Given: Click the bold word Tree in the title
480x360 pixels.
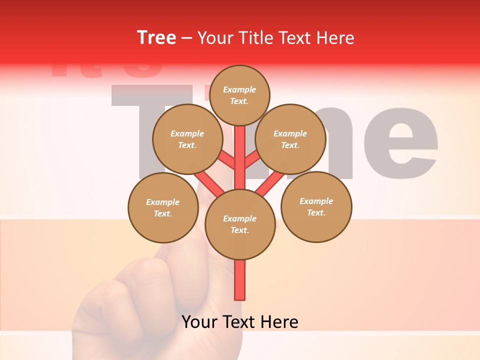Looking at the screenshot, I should [x=156, y=38].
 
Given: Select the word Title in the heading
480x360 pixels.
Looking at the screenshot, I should [x=255, y=38].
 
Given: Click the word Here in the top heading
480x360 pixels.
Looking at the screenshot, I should [x=335, y=38].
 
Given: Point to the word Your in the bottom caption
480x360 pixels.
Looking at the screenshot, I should [x=199, y=322].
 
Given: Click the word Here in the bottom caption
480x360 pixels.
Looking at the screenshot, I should [x=280, y=322].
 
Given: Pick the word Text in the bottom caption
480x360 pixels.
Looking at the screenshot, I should [x=238, y=322].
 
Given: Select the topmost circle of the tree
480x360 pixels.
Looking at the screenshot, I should [x=239, y=95].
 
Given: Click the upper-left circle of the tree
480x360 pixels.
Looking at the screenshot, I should [x=187, y=139].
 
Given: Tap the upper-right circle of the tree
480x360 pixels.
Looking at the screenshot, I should [x=290, y=139].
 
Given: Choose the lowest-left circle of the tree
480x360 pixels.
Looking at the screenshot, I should [x=163, y=207].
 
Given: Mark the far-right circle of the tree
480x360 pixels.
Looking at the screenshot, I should [x=316, y=207].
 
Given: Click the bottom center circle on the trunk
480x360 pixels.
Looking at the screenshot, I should [x=239, y=224].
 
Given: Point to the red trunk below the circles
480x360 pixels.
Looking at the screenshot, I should [x=239, y=280].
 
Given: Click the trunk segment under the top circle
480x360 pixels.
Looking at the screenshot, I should [x=240, y=150].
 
